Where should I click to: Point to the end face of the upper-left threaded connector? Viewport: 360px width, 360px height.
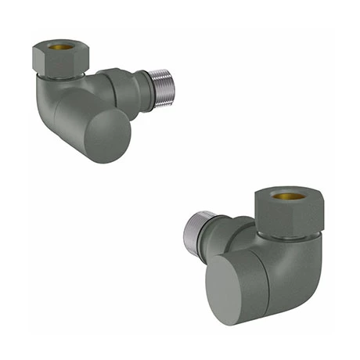pos(170,88)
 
